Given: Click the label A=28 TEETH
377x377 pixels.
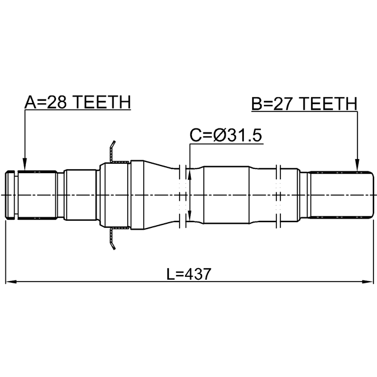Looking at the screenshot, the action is click(x=78, y=102).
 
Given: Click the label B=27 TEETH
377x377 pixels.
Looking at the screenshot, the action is click(x=304, y=104).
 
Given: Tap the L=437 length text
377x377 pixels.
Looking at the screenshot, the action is click(x=188, y=274).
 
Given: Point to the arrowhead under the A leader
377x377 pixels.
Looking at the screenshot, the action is click(x=25, y=164).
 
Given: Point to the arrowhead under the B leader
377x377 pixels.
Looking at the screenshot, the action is click(x=358, y=165).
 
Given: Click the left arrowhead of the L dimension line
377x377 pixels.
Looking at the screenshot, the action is click(x=11, y=282).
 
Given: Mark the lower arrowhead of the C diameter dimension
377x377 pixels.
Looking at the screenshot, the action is click(x=190, y=215).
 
